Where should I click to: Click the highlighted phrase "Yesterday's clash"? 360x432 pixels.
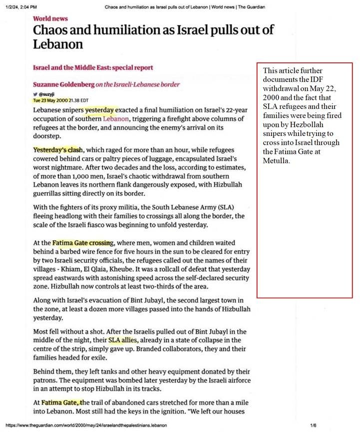pyautogui.click(x=58, y=150)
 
